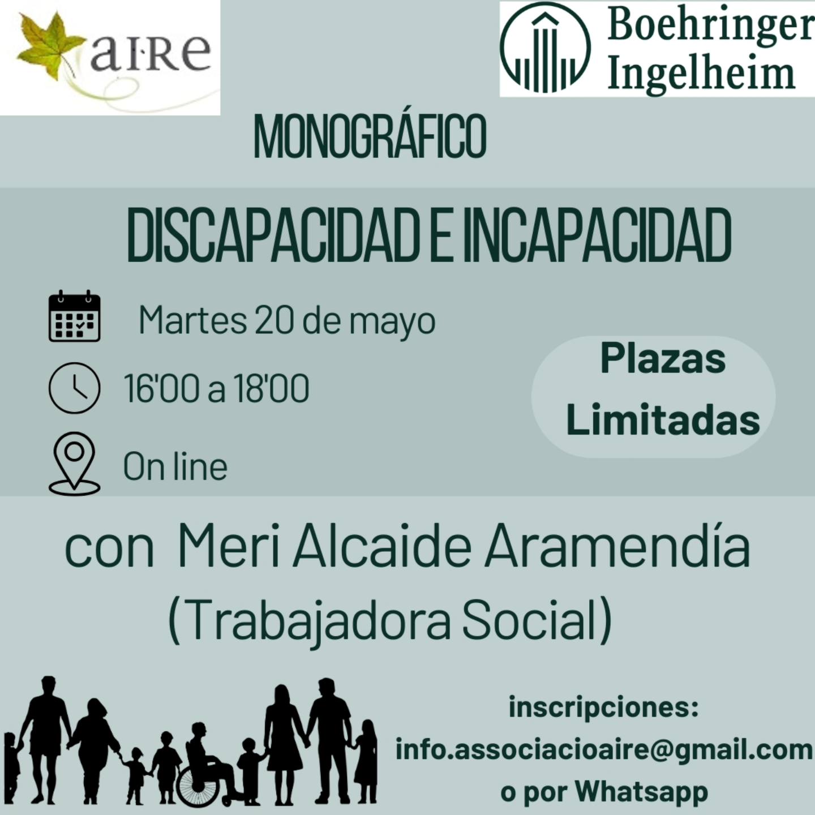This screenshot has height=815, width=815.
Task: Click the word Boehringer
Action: click(x=710, y=26)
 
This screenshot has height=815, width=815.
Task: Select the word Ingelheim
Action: click(x=701, y=74)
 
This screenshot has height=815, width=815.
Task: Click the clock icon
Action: click(x=75, y=388)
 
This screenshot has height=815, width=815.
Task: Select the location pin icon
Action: click(x=75, y=464)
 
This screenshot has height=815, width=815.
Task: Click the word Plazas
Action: click(x=663, y=359)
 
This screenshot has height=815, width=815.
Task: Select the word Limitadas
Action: click(x=663, y=421)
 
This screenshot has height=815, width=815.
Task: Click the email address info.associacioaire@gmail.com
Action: click(x=604, y=750)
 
